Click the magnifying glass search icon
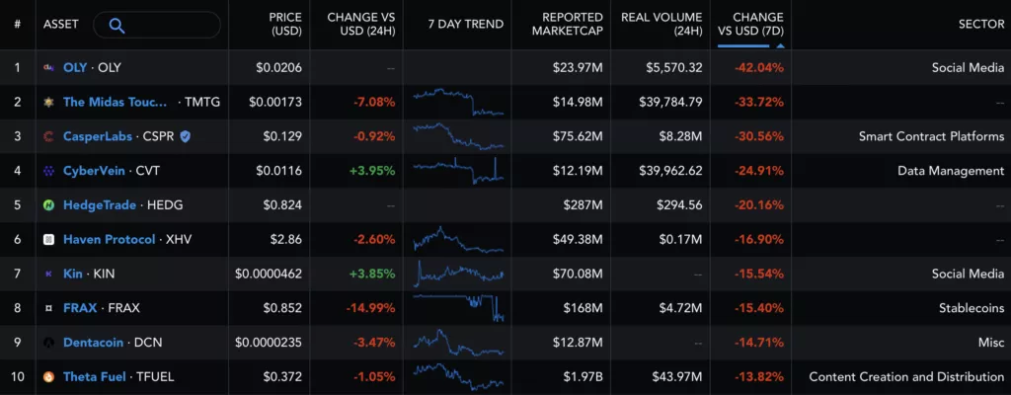tap(117, 25)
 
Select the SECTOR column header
tap(980, 25)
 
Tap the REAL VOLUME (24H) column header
tap(661, 25)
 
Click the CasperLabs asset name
tap(98, 135)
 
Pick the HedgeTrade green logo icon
tap(48, 204)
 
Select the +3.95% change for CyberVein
tap(371, 170)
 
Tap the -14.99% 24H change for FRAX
tap(370, 307)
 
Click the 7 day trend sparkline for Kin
tap(459, 273)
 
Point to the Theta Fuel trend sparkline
tap(459, 376)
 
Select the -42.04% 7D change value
tap(757, 67)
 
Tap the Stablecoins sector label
tap(971, 307)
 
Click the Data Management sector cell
tap(950, 170)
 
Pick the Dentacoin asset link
tap(97, 342)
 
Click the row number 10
tap(17, 376)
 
